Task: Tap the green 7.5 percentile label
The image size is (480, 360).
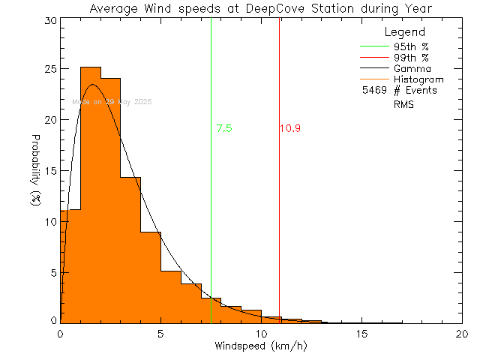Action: pyautogui.click(x=223, y=128)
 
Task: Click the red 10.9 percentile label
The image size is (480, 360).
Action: pyautogui.click(x=290, y=128)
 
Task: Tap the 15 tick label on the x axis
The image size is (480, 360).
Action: pyautogui.click(x=361, y=334)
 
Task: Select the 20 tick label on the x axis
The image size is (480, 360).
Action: pyautogui.click(x=462, y=334)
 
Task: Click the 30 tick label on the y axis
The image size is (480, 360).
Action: pyautogui.click(x=49, y=21)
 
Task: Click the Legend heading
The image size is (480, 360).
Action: pyautogui.click(x=404, y=32)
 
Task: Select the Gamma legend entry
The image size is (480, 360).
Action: pyautogui.click(x=412, y=68)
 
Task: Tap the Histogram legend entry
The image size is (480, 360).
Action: pyautogui.click(x=418, y=79)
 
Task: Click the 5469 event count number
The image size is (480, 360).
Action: pyautogui.click(x=373, y=91)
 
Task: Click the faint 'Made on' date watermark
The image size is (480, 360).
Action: pyautogui.click(x=112, y=101)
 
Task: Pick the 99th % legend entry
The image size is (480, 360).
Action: pyautogui.click(x=411, y=57)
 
